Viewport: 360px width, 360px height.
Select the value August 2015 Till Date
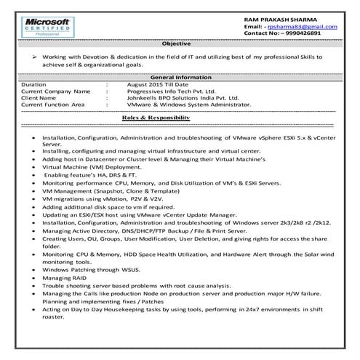158,84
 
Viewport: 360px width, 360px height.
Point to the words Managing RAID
62,276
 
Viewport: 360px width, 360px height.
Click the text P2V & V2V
133,199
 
